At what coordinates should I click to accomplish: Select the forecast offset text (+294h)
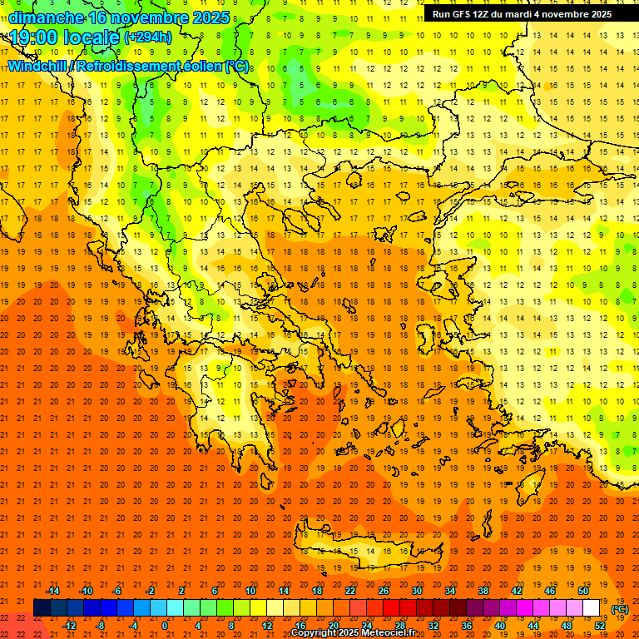click(148, 37)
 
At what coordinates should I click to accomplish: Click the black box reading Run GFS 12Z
click(522, 13)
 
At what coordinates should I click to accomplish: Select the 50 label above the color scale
click(582, 590)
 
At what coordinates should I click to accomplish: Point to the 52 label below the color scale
click(600, 625)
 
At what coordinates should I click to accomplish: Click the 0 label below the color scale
click(165, 625)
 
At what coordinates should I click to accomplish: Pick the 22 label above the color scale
click(350, 590)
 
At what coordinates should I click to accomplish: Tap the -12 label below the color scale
click(69, 625)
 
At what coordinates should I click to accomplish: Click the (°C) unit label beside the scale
click(620, 609)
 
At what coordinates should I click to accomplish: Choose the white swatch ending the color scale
click(591, 607)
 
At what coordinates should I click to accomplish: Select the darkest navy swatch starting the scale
click(42, 607)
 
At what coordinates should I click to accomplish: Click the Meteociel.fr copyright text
click(353, 633)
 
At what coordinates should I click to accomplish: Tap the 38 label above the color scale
click(483, 590)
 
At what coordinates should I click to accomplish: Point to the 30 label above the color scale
click(416, 590)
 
